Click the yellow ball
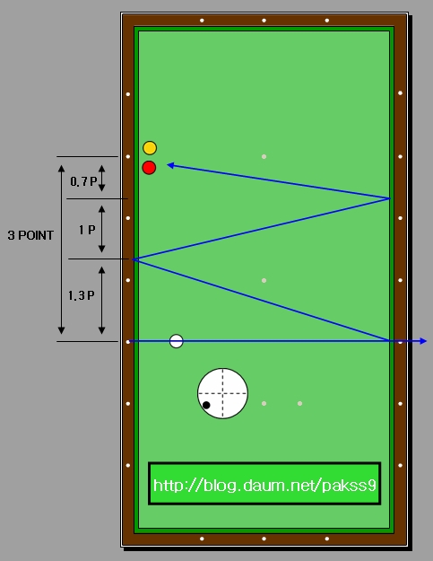coord(150,148)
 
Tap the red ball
coord(149,168)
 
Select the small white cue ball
coord(176,341)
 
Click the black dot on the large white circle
coord(206,405)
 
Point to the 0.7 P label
coord(83,181)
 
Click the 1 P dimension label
coord(87,230)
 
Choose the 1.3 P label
coord(82,295)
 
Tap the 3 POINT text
coord(30,235)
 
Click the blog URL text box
coord(264,484)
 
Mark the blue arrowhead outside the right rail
coord(423,341)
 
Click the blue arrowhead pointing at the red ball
coord(170,165)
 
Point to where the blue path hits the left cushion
coord(134,259)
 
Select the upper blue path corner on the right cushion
coord(389,197)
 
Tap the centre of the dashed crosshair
coord(223,393)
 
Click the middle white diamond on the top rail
coord(264,21)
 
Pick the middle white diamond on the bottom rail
coord(264,539)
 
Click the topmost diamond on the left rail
coord(128,94)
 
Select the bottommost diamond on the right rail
coord(400,465)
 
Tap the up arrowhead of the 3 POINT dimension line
coord(62,168)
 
